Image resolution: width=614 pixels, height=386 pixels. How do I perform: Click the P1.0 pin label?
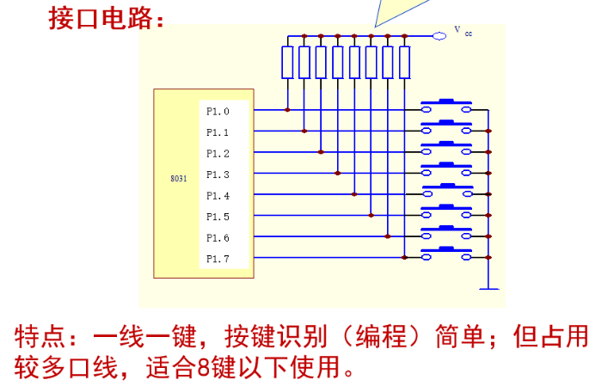coord(218,112)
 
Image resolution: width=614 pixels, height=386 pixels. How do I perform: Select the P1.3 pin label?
coord(218,175)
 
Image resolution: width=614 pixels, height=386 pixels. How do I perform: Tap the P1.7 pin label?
coord(218,259)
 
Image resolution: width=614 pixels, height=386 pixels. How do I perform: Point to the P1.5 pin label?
coord(218,217)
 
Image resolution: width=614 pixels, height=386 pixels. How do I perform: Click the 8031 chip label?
coord(179,179)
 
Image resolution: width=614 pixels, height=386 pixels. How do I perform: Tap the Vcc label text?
coord(464,31)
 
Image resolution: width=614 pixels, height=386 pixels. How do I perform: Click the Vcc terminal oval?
coord(439,36)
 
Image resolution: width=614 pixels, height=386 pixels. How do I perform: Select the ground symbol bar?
coord(488,289)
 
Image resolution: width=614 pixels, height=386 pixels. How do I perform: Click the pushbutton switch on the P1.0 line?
coord(446,106)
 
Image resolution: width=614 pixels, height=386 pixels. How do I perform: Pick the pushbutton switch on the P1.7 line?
coord(446,254)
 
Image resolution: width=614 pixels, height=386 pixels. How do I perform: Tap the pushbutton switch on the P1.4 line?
coord(447,190)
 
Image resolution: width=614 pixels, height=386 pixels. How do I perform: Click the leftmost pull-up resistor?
coord(287,62)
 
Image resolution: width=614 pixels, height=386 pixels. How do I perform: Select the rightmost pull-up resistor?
coord(404,62)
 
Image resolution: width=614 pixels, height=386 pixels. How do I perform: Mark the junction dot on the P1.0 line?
coord(287,110)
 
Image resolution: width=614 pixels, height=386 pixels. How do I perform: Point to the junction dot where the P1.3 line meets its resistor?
coord(338,173)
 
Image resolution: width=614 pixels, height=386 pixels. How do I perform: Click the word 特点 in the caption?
coord(40,337)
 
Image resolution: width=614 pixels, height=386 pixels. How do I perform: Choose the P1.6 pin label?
coord(218,238)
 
